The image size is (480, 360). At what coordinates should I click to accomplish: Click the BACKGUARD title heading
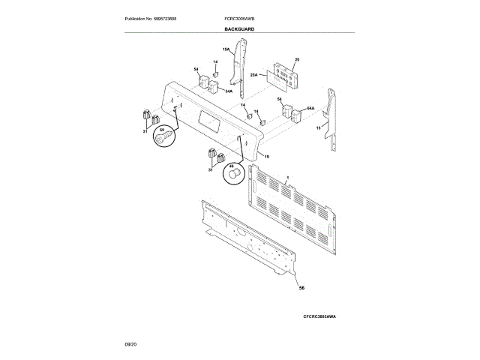239,28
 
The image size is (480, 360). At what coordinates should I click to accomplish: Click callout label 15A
226,49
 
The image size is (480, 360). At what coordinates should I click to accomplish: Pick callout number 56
301,288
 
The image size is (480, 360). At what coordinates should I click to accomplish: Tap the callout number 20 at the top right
297,58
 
